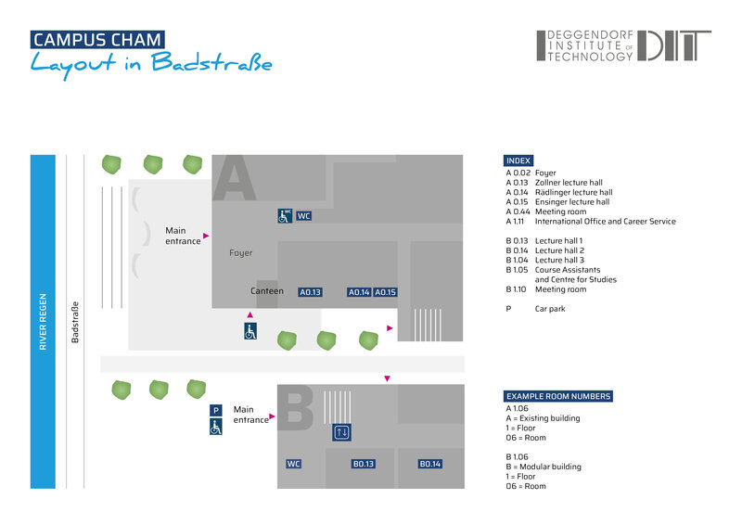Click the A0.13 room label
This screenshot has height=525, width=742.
click(310, 292)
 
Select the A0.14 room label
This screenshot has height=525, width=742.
click(359, 292)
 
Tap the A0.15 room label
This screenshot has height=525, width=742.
click(386, 292)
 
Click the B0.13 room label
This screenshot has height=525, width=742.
click(363, 464)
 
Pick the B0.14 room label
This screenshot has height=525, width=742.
click(429, 464)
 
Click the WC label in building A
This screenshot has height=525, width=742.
click(303, 216)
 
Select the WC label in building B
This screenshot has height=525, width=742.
click(294, 464)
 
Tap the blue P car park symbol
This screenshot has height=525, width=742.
click(216, 410)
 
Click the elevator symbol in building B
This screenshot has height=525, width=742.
click(341, 432)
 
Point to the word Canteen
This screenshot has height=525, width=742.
click(267, 291)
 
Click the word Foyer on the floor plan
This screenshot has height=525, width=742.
click(240, 252)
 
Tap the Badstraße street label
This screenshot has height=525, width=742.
click(75, 323)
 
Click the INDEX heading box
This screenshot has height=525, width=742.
click(518, 160)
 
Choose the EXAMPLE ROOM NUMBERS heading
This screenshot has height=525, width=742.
click(558, 396)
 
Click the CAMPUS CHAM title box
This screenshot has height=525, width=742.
click(97, 40)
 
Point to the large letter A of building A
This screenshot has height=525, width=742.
click(234, 178)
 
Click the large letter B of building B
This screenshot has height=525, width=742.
click(298, 410)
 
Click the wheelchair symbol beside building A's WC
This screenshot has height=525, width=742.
click(284, 216)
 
